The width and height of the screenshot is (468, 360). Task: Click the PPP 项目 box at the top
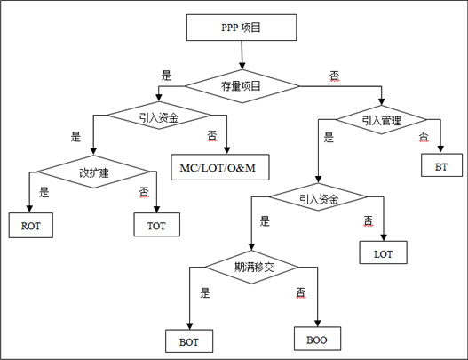pos(242,28)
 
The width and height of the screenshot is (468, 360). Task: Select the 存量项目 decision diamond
pos(242,86)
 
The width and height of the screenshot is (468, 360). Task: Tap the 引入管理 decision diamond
pos(381,120)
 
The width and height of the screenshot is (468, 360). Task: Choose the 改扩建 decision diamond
pos(93,172)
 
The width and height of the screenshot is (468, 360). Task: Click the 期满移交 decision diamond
pos(251,267)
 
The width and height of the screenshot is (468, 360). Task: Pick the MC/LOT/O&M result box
pos(220,167)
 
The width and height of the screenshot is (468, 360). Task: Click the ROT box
pos(31,225)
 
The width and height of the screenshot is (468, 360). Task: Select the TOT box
pos(156,225)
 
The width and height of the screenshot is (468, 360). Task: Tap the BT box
pos(441,165)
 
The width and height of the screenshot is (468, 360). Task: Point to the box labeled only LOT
pos(383,252)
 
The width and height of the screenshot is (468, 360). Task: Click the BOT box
pos(189,341)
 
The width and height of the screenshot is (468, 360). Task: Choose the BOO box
pos(317,339)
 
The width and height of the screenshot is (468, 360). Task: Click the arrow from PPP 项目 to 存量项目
pos(242,55)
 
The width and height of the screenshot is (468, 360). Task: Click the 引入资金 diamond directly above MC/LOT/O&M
pos(159,116)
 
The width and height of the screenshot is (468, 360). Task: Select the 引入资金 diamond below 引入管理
pos(318,196)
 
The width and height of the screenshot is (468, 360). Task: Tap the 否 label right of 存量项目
pos(335,76)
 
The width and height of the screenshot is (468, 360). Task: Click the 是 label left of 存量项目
pos(166,76)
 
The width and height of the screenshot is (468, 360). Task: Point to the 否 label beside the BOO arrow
pos(300,292)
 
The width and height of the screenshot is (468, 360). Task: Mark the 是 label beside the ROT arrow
pos(44,192)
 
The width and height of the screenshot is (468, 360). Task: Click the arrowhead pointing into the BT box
pos(440,149)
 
